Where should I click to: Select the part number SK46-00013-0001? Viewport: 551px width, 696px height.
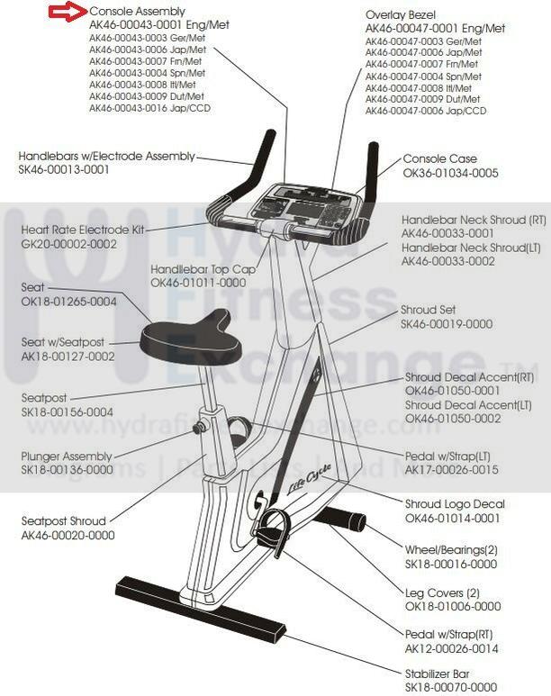click(x=65, y=169)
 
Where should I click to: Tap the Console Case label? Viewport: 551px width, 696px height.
click(x=439, y=158)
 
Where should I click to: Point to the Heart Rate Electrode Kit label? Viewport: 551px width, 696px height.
click(x=83, y=230)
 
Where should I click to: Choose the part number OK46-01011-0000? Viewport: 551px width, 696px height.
click(x=198, y=282)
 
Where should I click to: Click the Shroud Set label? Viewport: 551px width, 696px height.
click(x=429, y=310)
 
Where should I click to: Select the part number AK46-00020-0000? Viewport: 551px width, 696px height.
click(x=68, y=535)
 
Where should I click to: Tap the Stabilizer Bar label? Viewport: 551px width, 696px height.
click(x=438, y=673)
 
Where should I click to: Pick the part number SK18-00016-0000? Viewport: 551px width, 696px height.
click(x=451, y=564)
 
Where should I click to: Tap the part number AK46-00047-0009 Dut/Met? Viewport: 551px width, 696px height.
click(x=423, y=99)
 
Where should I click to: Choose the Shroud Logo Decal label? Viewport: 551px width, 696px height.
click(x=455, y=504)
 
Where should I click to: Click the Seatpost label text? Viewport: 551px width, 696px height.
click(x=44, y=398)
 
